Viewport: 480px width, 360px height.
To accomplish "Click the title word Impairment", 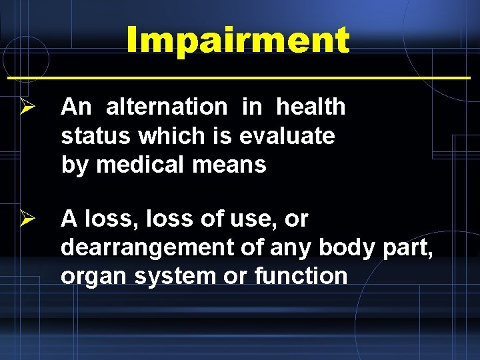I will (237, 41).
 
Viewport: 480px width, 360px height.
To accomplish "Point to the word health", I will (311, 107).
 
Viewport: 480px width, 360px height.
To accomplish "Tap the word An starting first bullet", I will (75, 107).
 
